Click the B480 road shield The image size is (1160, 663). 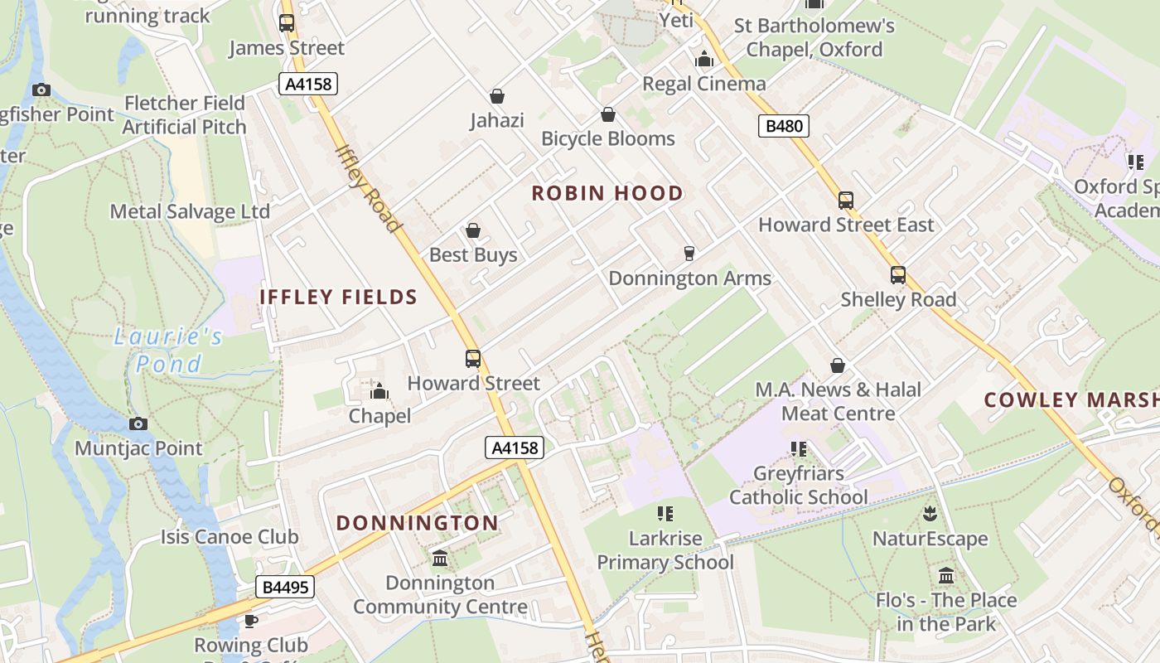tap(783, 126)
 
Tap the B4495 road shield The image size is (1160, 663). tap(285, 588)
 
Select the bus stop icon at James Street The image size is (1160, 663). tap(287, 23)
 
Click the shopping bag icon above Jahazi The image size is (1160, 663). tap(497, 97)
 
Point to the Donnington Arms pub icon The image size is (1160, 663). tap(689, 253)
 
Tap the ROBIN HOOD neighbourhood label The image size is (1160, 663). tap(607, 193)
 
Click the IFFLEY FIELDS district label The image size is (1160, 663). tap(338, 297)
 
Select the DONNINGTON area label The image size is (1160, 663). tap(418, 523)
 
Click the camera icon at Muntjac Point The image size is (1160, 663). tap(138, 423)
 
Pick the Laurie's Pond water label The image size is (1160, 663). tap(169, 350)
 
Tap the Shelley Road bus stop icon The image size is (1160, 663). tap(898, 275)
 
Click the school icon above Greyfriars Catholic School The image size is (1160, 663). tap(799, 449)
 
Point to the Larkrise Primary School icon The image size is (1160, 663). tap(665, 514)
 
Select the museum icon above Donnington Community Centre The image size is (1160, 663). tap(440, 559)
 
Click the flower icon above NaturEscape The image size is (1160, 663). tap(930, 515)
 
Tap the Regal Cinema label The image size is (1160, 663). tap(704, 84)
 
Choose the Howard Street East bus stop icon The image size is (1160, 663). tap(845, 201)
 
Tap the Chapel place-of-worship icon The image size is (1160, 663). tap(379, 391)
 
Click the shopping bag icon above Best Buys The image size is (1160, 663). tap(473, 230)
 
